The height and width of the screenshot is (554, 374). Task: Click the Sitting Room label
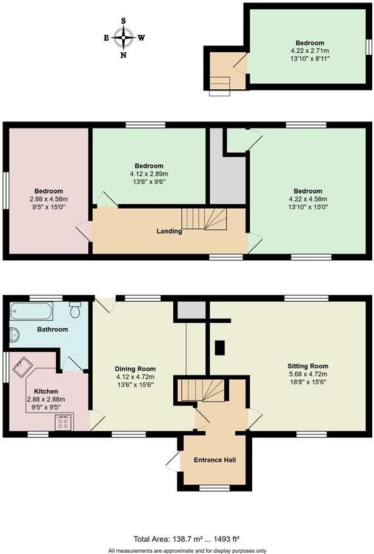click(x=308, y=367)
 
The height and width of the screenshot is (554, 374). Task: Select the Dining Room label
click(x=135, y=369)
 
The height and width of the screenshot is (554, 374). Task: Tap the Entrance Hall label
click(x=214, y=460)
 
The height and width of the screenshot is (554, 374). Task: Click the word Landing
click(x=169, y=231)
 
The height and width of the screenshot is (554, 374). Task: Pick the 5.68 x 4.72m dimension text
click(x=308, y=375)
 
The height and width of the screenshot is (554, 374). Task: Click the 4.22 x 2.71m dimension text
click(x=309, y=52)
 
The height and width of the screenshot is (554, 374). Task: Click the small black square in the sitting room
click(x=220, y=348)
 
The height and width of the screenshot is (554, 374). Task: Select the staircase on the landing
click(x=204, y=219)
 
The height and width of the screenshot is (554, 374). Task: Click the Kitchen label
click(x=45, y=391)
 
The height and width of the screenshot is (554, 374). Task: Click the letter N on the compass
click(x=124, y=55)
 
